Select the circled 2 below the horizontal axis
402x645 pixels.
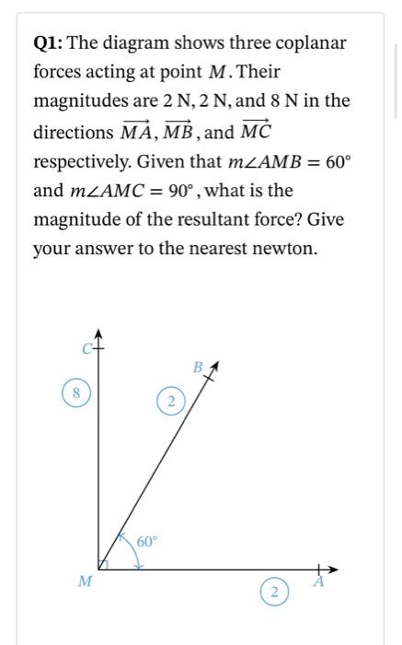273,591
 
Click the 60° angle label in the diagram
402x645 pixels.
149,541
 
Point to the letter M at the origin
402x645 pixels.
85,580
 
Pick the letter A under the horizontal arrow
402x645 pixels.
319,581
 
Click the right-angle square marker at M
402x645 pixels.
103,564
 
